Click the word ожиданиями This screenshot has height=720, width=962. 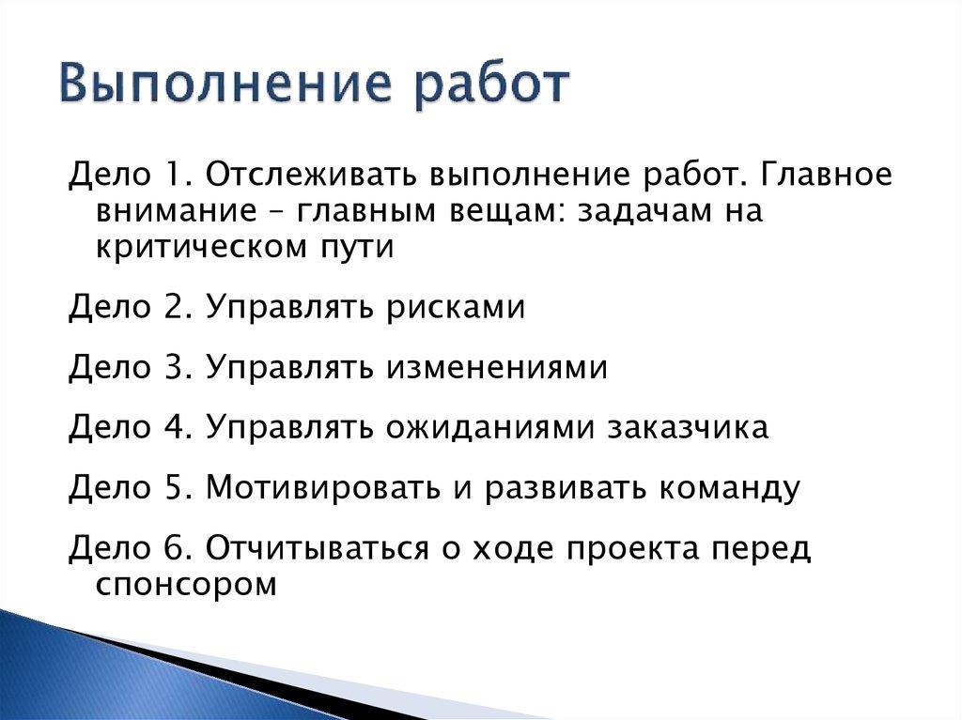tap(490, 428)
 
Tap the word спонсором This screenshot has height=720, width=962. tap(186, 585)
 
